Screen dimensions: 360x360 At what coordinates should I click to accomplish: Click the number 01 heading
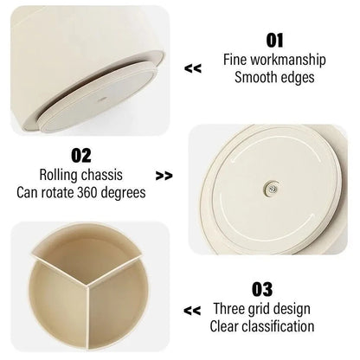click(274, 41)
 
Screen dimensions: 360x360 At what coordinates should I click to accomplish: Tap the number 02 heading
click(81, 156)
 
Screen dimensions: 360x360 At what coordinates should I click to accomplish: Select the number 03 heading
click(262, 289)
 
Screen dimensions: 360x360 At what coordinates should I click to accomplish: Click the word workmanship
click(288, 60)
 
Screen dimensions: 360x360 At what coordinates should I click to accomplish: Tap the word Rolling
click(59, 176)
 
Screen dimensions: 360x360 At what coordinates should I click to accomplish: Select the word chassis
click(102, 175)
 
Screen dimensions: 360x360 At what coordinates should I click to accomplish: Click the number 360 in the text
click(87, 193)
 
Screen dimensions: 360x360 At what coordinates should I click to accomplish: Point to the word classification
click(278, 326)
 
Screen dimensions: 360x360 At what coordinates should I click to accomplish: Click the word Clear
click(224, 326)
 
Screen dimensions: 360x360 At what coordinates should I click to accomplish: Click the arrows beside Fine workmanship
click(193, 68)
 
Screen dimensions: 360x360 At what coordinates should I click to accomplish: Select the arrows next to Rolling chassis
click(164, 176)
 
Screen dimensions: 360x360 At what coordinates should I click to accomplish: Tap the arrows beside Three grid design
click(192, 311)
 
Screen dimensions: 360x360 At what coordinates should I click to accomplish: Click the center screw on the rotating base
click(272, 189)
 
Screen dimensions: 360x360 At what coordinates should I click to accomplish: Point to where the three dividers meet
click(88, 286)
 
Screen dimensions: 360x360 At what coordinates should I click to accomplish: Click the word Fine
click(235, 60)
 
